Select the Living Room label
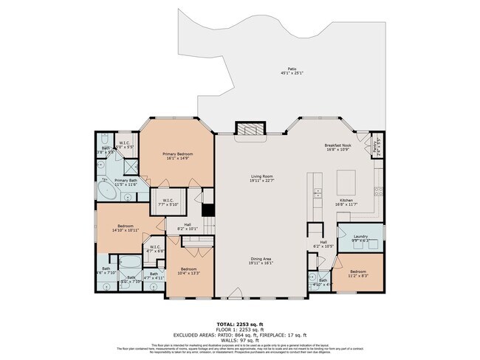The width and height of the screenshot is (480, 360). [261, 178]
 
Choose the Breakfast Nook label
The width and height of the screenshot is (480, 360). [340, 147]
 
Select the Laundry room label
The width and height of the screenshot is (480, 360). [360, 238]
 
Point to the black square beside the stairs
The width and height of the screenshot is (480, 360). [208, 210]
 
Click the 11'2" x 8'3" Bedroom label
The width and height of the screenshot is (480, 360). [358, 273]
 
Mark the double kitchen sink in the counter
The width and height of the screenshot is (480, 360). [318, 194]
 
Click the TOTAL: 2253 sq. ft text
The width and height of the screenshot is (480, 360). [240, 323]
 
